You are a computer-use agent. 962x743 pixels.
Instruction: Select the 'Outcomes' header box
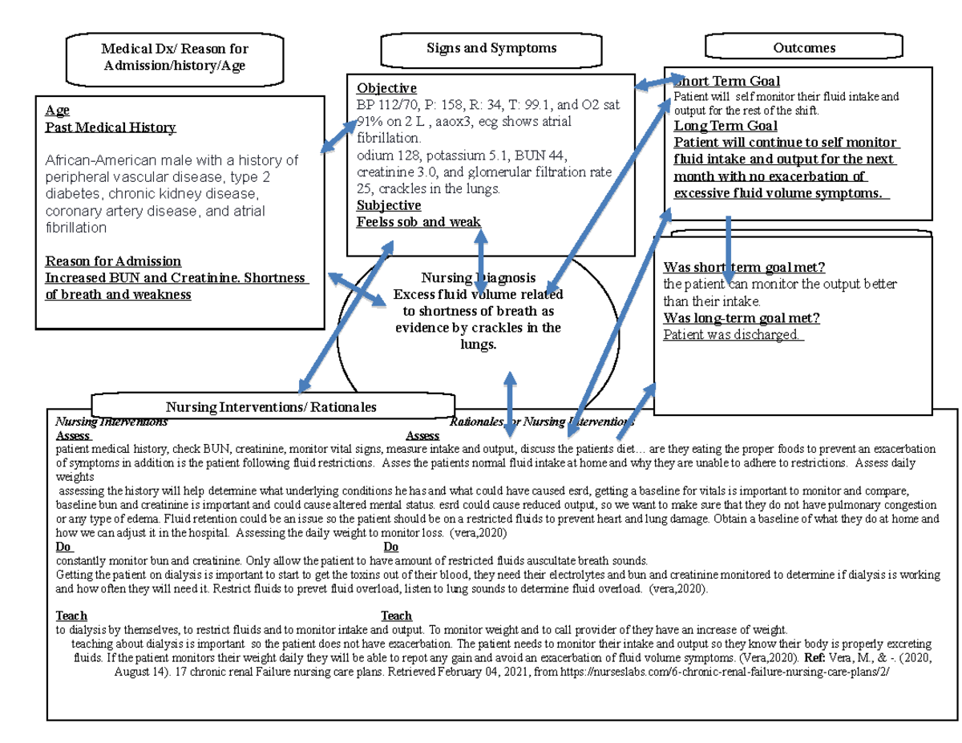pos(803,48)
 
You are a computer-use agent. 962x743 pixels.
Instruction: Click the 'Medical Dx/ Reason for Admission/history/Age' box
pos(175,58)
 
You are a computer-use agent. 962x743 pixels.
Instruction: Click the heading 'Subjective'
pos(389,205)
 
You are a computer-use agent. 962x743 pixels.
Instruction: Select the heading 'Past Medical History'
pos(111,127)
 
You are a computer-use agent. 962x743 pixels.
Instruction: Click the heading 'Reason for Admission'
pos(113,261)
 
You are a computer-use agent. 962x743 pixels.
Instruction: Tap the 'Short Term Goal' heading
pos(728,81)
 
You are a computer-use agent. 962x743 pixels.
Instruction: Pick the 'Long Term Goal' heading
pos(726,126)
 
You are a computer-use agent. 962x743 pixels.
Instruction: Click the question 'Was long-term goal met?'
pos(742,318)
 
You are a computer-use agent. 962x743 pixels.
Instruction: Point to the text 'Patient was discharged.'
pos(733,334)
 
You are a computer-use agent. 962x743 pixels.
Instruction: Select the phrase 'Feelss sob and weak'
pos(418,222)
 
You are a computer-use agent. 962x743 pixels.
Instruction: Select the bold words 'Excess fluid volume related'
pos(478,294)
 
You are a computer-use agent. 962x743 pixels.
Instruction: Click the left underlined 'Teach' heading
pos(72,616)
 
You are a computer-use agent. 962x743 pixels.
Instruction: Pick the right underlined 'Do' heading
pos(391,547)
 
